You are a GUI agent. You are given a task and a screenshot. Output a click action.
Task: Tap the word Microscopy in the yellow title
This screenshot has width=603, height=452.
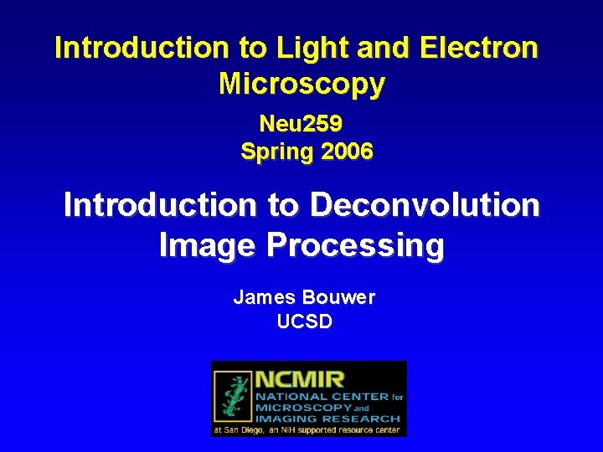tap(301, 84)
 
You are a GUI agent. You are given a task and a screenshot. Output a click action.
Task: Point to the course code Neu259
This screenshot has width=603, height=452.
tap(301, 125)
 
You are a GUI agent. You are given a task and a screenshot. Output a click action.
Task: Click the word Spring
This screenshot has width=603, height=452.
tap(274, 152)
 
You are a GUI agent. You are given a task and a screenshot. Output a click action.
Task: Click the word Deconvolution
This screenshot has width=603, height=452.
tap(425, 205)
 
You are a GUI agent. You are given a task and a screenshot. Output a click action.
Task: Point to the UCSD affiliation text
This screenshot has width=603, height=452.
tap(304, 321)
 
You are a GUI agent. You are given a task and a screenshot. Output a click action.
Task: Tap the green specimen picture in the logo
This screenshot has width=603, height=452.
tap(234, 398)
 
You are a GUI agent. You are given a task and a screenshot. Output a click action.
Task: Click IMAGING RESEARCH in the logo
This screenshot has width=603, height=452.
tap(327, 418)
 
